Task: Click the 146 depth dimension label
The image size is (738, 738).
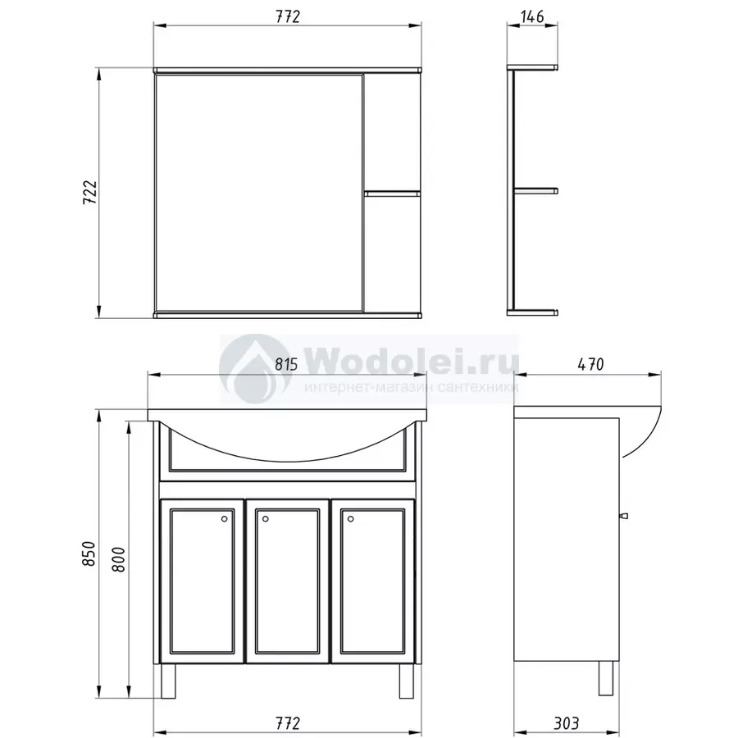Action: [x=532, y=16]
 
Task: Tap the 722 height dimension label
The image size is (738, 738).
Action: [x=89, y=192]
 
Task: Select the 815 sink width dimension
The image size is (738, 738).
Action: [x=287, y=365]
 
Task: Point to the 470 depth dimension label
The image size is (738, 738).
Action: [x=590, y=365]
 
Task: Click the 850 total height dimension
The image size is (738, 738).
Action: [x=89, y=554]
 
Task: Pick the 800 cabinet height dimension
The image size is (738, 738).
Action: [x=119, y=559]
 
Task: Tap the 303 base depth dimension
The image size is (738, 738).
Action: [x=566, y=722]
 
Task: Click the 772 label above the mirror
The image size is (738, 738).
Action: [x=288, y=16]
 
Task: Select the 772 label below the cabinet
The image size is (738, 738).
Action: [x=288, y=722]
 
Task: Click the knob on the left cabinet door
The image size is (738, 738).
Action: [x=224, y=519]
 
